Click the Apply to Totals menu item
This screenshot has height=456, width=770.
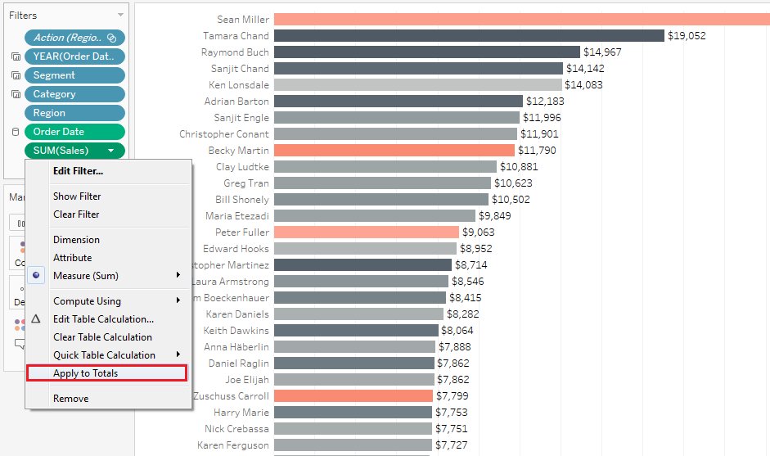pyautogui.click(x=85, y=373)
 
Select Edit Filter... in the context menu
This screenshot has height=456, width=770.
pyautogui.click(x=78, y=171)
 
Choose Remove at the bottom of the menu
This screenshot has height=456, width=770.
pyautogui.click(x=70, y=399)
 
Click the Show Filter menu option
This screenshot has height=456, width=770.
pyautogui.click(x=77, y=196)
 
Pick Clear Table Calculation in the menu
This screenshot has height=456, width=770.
pyautogui.click(x=102, y=337)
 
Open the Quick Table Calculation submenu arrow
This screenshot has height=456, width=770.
pyautogui.click(x=178, y=354)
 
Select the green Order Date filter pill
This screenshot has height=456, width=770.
pyautogui.click(x=74, y=132)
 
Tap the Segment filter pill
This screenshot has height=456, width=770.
pyautogui.click(x=74, y=75)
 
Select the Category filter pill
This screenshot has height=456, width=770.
pyautogui.click(x=74, y=94)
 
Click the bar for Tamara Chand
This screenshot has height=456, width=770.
pyautogui.click(x=468, y=36)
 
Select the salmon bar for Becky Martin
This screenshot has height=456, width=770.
pyautogui.click(x=394, y=151)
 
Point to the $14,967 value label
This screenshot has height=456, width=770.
pyautogui.click(x=602, y=52)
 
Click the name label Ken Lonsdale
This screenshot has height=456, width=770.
pyautogui.click(x=238, y=85)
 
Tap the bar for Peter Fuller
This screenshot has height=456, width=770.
pyautogui.click(x=366, y=233)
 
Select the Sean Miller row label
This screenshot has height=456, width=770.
pyautogui.click(x=242, y=20)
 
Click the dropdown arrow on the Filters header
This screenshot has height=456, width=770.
pyautogui.click(x=120, y=16)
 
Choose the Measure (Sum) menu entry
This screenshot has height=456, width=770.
pyautogui.click(x=85, y=276)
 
